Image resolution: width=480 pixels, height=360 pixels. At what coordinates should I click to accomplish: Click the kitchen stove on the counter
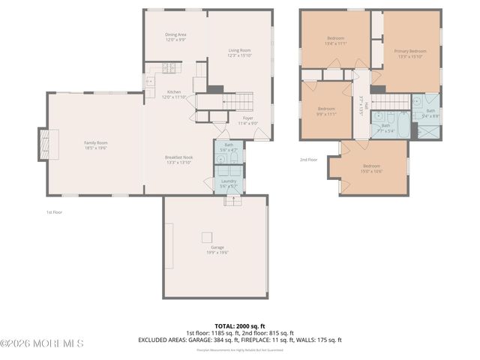[169, 68]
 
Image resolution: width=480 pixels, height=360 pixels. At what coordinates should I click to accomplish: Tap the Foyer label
[247, 118]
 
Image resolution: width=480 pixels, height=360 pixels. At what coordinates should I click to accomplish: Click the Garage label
[217, 247]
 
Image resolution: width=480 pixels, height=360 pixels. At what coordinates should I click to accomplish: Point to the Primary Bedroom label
[410, 51]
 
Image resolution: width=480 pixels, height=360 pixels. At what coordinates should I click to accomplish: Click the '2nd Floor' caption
[308, 159]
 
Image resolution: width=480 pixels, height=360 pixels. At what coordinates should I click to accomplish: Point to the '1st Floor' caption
[54, 213]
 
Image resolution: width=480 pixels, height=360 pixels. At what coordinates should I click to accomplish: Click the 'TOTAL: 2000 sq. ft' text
[240, 326]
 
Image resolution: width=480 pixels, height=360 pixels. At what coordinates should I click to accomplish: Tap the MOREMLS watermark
[42, 344]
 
